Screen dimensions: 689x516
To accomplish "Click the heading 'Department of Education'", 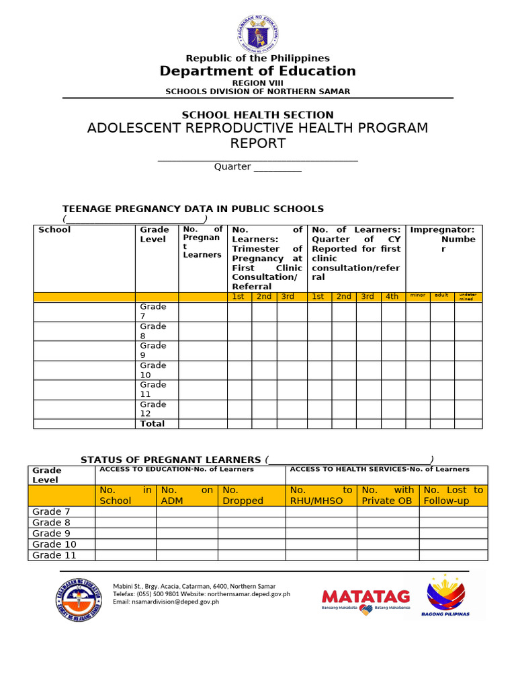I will click(257, 71).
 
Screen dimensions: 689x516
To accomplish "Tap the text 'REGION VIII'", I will click(257, 83).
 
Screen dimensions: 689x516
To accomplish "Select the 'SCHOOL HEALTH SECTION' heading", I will click(258, 115).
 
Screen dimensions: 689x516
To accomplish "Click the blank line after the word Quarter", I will click(277, 168).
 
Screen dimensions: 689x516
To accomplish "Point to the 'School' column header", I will click(54, 230).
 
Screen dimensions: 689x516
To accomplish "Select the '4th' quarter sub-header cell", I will click(392, 297).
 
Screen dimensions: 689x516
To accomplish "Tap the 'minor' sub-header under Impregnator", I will click(417, 295).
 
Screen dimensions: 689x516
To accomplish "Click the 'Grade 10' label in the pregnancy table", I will click(153, 370).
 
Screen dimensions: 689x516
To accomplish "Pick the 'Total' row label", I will click(152, 424).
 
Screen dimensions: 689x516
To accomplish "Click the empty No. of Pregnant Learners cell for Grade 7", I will click(202, 312).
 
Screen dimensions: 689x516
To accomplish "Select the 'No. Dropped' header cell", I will click(251, 495).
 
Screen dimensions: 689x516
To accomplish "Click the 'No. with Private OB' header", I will click(388, 495).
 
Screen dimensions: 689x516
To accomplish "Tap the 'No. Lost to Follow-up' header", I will click(454, 495).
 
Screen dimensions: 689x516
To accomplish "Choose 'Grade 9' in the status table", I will click(51, 534).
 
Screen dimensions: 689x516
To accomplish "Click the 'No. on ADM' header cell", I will click(187, 495).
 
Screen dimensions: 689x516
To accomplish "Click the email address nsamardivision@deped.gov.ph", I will click(166, 602).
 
